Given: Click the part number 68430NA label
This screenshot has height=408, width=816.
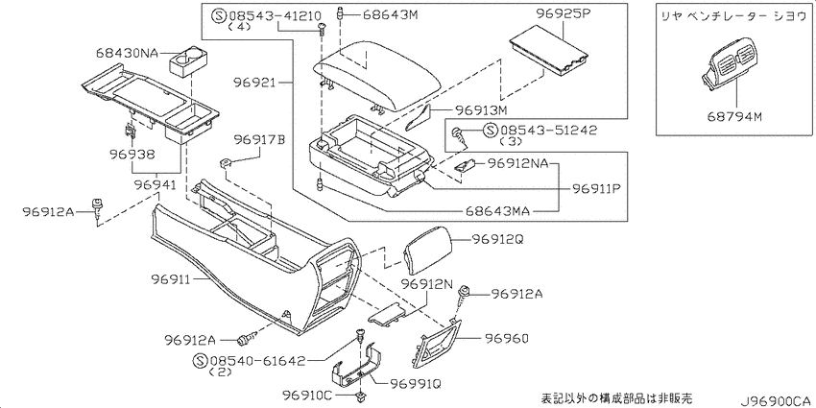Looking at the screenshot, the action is point(127,53).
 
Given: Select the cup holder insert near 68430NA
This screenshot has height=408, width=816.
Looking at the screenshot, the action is point(187,60).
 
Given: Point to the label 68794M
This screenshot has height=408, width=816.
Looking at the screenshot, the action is point(734,116).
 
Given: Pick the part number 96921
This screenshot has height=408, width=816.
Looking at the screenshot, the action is point(253,83).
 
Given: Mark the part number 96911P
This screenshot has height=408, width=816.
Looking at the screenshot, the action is point(597,188).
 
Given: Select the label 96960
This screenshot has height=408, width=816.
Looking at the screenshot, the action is point(507,339).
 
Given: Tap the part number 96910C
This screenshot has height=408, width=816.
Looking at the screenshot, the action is point(307,396).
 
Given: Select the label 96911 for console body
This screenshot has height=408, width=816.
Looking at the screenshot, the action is point(172,280).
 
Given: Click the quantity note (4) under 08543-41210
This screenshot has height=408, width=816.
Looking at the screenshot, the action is point(237,28).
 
